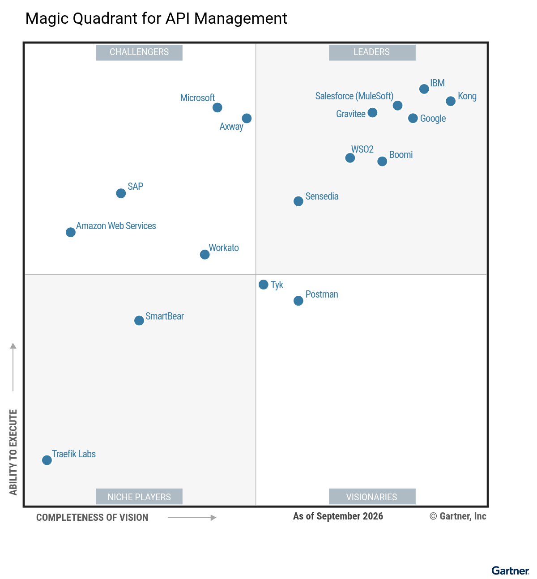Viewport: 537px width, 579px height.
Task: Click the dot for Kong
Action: [450, 101]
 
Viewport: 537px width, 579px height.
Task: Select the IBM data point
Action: [424, 89]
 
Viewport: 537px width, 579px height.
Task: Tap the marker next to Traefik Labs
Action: [47, 460]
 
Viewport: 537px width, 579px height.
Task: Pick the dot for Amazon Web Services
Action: [71, 232]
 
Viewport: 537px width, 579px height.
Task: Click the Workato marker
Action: [205, 255]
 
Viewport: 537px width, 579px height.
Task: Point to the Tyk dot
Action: [264, 285]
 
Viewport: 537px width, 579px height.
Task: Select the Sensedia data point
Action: [298, 201]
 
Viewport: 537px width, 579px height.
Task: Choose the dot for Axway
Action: [247, 119]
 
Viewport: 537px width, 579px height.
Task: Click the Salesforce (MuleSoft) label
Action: [354, 96]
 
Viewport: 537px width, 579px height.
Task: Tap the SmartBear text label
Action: [165, 316]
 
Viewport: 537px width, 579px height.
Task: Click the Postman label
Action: [322, 294]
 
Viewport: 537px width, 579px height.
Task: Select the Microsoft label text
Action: [197, 98]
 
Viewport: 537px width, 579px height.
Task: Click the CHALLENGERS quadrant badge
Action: [139, 52]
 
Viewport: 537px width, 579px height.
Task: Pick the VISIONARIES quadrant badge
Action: [372, 497]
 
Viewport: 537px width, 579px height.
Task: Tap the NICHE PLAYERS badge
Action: [139, 497]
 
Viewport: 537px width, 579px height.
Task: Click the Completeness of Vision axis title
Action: [92, 518]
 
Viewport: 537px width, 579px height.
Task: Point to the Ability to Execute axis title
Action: [13, 452]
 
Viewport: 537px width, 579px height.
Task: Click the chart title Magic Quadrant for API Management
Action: [156, 18]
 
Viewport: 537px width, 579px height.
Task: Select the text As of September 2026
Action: [338, 516]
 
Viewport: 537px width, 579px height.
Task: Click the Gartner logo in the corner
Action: [510, 570]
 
